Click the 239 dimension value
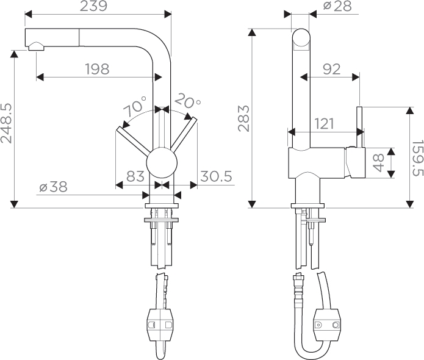[93, 6]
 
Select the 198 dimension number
[98, 69]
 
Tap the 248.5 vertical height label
[6, 123]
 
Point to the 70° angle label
[135, 106]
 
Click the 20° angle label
[187, 101]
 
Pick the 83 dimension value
[135, 176]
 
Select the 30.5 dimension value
[216, 176]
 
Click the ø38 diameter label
[53, 187]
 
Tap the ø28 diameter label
[337, 6]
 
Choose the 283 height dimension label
[243, 118]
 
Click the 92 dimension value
[331, 69]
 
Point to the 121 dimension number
[325, 124]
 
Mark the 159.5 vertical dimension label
[417, 157]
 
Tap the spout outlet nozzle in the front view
[36, 47]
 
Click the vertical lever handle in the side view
[360, 127]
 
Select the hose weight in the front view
[160, 322]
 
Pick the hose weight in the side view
[327, 322]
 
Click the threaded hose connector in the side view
[298, 287]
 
